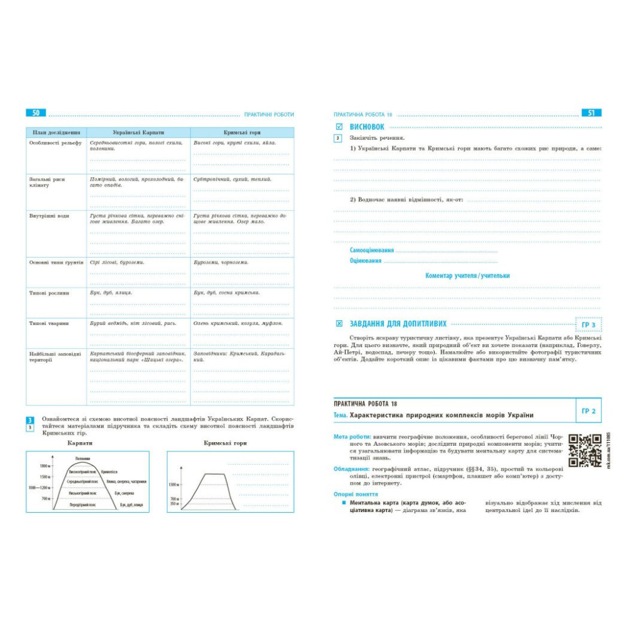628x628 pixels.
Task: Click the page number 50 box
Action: click(x=36, y=113)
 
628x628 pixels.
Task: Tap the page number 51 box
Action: click(x=591, y=113)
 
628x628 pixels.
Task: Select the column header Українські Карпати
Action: click(x=138, y=132)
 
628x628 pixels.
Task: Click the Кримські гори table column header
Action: click(x=242, y=132)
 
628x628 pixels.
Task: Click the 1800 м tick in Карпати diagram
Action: click(x=45, y=466)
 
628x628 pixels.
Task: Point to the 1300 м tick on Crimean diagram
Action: click(x=174, y=484)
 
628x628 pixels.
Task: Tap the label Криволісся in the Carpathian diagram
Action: click(x=109, y=472)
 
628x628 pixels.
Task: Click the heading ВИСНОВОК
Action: click(x=367, y=126)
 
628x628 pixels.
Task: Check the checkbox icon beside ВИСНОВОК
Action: click(x=339, y=126)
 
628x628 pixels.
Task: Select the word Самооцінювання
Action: click(x=372, y=250)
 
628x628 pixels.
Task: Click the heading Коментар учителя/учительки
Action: click(x=467, y=276)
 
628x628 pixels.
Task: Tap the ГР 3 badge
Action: click(x=588, y=324)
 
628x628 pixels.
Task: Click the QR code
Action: click(x=584, y=450)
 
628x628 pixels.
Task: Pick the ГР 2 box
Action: click(x=588, y=411)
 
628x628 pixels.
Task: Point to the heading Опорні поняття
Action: click(x=356, y=494)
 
